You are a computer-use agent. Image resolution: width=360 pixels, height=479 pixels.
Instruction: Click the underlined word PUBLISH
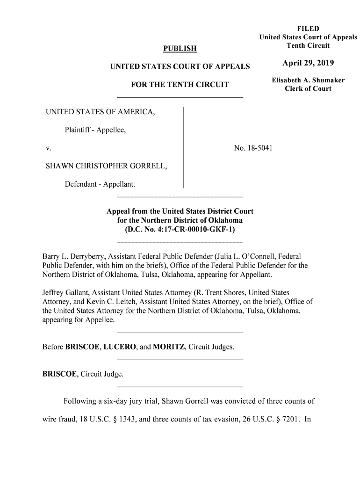point(180,49)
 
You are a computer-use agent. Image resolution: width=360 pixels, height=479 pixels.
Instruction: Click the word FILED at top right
point(308,29)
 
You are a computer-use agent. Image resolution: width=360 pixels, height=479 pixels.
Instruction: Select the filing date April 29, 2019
point(308,64)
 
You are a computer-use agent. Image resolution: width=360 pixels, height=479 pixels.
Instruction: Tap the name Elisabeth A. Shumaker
point(308,80)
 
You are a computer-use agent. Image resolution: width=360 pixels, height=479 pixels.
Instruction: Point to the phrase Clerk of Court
point(308,89)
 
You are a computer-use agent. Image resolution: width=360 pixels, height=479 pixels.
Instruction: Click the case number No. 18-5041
point(253,148)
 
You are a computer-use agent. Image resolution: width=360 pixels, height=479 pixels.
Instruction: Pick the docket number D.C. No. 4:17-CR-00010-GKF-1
point(180,229)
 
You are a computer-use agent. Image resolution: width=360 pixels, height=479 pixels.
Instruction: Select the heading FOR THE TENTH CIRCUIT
point(180,85)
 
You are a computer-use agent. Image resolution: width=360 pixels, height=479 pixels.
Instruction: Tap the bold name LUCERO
point(119,347)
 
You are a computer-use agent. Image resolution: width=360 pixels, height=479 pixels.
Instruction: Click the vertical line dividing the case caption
point(183,147)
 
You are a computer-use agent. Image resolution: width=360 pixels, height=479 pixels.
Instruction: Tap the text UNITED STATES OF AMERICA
point(100,113)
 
